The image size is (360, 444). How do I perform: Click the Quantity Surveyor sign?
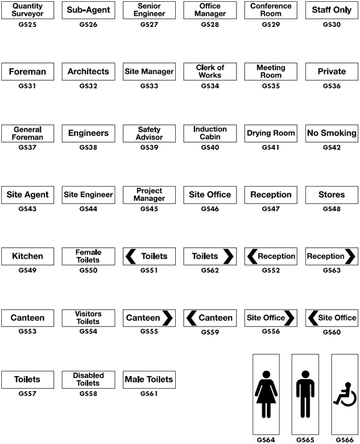[x=28, y=10]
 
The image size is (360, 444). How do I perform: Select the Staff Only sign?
[x=332, y=10]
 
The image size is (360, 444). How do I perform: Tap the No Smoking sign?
[x=332, y=133]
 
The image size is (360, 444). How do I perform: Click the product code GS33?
[x=149, y=86]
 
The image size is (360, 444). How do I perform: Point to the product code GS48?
[x=332, y=209]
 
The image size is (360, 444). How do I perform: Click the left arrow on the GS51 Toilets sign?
[x=131, y=256]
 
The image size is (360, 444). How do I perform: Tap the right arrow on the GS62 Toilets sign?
[x=228, y=256]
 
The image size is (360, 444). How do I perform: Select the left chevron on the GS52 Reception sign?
[x=252, y=256]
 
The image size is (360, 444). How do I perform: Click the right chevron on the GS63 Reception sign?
[x=350, y=256]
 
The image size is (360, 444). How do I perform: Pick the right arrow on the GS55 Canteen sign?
[x=167, y=318]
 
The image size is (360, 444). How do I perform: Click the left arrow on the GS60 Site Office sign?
[x=313, y=318]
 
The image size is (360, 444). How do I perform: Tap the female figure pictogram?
[x=266, y=394]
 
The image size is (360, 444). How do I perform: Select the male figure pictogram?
[x=305, y=394]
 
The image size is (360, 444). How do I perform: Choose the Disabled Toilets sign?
[x=88, y=380]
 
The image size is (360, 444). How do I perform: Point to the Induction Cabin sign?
[x=210, y=133]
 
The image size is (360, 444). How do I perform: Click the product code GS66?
[x=345, y=440]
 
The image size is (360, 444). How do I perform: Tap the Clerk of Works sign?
[x=210, y=71]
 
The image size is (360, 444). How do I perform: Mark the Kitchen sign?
[x=28, y=256]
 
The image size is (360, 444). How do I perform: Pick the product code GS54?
[x=88, y=331]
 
